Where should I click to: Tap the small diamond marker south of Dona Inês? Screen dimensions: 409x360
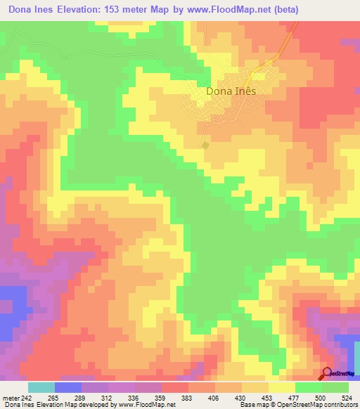[205, 145]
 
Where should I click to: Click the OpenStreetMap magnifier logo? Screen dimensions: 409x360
[327, 373]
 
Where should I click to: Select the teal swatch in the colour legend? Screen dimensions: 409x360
[41, 388]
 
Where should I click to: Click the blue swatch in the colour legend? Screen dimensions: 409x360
[68, 388]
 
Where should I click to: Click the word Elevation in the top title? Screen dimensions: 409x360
[75, 10]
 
